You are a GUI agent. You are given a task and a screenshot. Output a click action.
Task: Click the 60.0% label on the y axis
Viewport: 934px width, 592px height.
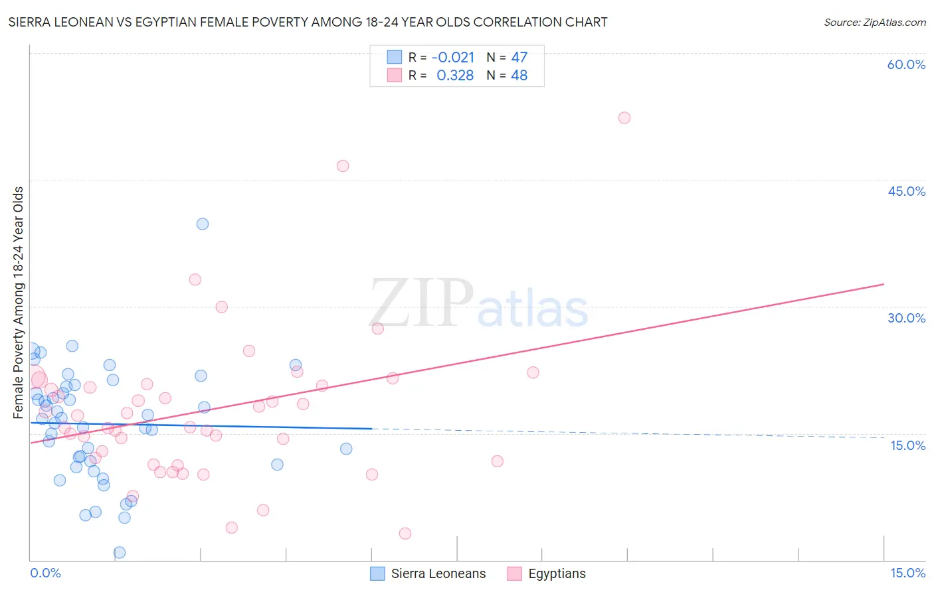(x=906, y=64)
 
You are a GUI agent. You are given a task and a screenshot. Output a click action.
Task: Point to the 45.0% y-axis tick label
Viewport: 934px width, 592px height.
(x=906, y=191)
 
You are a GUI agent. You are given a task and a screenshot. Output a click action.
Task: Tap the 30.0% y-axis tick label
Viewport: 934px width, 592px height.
(x=906, y=318)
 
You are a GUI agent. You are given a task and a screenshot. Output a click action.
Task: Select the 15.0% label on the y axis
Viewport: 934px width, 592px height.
(x=907, y=445)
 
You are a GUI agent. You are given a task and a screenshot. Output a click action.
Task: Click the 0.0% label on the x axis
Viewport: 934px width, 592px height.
(x=45, y=573)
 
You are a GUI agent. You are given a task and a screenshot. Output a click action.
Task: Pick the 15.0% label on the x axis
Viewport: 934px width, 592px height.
(x=907, y=573)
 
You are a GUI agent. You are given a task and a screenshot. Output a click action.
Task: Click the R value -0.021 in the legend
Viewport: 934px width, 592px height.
(x=453, y=58)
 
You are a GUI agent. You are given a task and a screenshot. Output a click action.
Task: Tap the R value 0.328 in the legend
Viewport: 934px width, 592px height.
(x=455, y=76)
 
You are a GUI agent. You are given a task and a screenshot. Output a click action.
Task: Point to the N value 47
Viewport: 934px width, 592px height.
(x=519, y=58)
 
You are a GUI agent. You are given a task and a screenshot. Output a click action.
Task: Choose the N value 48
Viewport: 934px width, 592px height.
(x=519, y=76)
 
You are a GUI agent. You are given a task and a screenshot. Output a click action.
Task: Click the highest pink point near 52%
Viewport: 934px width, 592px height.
(x=624, y=117)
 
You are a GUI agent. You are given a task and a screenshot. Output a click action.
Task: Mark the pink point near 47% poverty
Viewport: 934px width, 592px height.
(x=343, y=166)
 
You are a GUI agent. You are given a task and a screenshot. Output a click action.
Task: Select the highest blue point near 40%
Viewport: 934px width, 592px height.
(x=203, y=224)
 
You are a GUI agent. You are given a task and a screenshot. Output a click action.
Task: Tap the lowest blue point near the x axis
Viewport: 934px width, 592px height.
(x=120, y=552)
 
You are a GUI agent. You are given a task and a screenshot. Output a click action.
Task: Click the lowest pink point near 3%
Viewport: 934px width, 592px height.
(x=405, y=534)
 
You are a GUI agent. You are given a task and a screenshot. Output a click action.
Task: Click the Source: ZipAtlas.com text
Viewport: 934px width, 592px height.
(x=874, y=23)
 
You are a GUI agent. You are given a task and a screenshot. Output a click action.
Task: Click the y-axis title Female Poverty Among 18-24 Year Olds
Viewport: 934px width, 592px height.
(x=19, y=303)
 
